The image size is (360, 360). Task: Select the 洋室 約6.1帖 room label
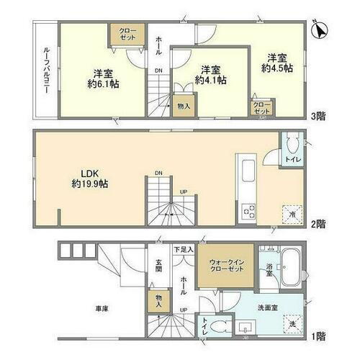[x=102, y=77]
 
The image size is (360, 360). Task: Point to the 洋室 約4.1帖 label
[x=210, y=75]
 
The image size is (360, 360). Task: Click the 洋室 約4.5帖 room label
[x=279, y=63]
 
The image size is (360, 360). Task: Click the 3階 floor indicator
[x=317, y=115]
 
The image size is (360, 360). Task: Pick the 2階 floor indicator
[x=317, y=224]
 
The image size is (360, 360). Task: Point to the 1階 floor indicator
[x=317, y=336]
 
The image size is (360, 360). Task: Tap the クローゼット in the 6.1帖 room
[x=121, y=32]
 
